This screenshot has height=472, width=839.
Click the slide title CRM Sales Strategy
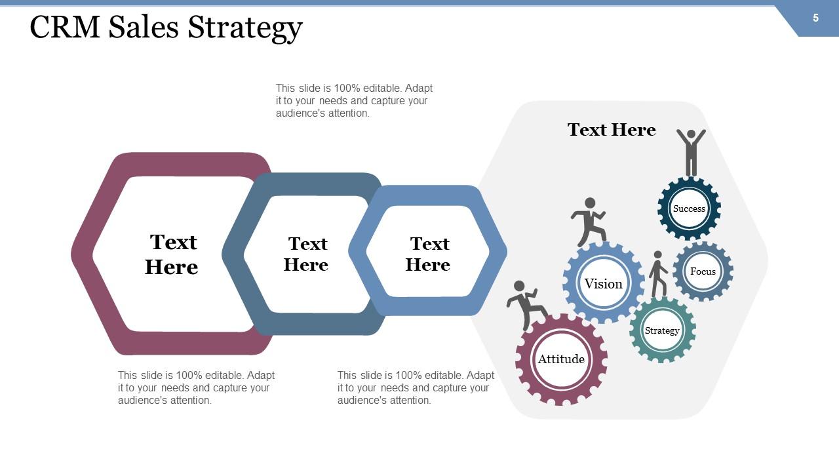click(x=166, y=28)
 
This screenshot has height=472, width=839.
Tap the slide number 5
click(x=815, y=18)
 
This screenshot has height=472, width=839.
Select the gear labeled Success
click(x=689, y=208)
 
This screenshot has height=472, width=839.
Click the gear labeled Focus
click(x=703, y=271)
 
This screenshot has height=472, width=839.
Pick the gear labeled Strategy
click(x=662, y=330)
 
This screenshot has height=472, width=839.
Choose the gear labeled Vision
click(x=603, y=283)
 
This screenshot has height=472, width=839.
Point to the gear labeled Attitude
click(x=561, y=359)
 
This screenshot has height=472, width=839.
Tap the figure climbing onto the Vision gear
click(x=589, y=221)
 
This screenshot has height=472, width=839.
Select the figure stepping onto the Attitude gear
click(x=526, y=304)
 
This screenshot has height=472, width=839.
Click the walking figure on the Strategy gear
click(x=658, y=273)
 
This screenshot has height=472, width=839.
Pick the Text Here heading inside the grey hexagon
click(x=612, y=130)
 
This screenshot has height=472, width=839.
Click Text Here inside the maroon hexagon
click(x=172, y=254)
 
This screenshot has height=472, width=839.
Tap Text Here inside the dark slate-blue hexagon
click(x=307, y=254)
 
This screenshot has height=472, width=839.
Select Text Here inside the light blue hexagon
click(x=429, y=254)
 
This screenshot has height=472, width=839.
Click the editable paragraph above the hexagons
click(x=354, y=100)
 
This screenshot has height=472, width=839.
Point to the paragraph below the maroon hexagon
click(x=196, y=387)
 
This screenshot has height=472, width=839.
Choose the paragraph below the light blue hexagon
click(x=416, y=387)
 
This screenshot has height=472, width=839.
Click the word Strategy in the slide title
click(x=245, y=28)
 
